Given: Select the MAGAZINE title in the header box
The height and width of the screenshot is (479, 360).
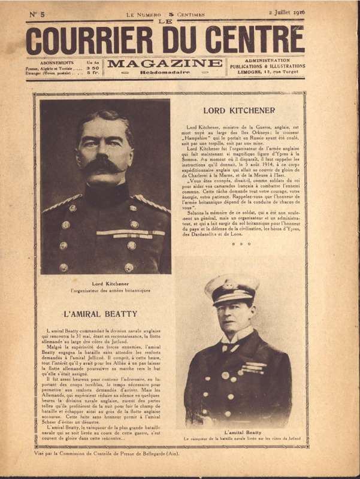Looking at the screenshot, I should click(164, 63).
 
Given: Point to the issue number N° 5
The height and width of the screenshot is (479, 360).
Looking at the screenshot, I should click(37, 13).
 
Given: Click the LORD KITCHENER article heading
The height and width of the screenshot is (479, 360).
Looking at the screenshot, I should click(239, 110).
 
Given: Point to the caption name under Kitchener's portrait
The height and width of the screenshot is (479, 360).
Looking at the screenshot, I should click(105, 283).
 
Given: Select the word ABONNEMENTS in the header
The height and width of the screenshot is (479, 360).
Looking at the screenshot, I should click(57, 62).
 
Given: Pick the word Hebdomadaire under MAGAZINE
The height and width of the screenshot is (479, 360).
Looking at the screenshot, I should click(164, 72).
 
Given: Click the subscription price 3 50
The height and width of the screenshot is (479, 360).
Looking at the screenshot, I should click(94, 68).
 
